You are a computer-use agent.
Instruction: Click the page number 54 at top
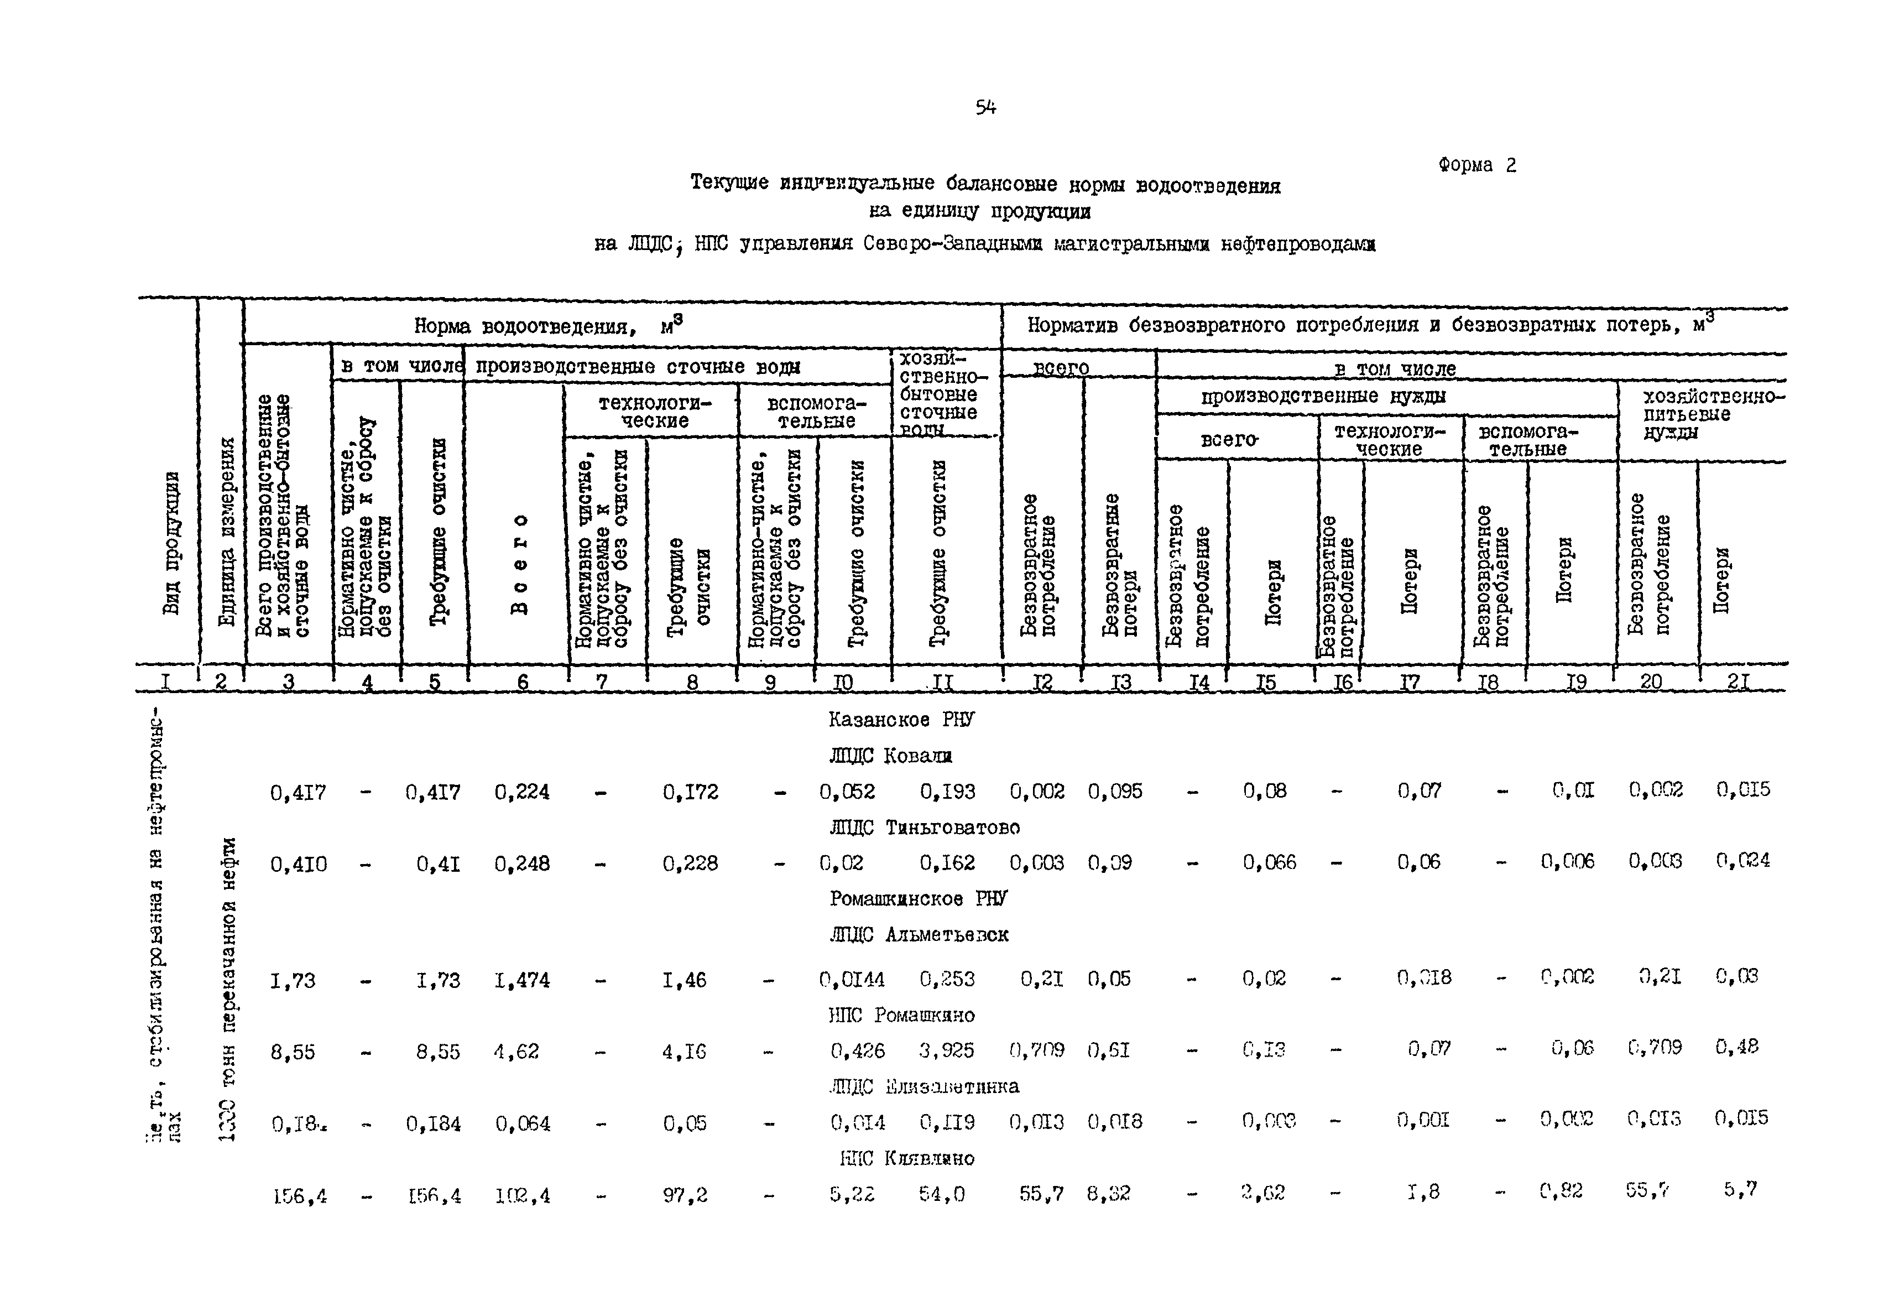pyautogui.click(x=985, y=107)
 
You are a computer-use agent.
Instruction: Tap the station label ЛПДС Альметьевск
pyautogui.click(x=918, y=934)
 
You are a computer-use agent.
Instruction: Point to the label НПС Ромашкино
pyautogui.click(x=901, y=1016)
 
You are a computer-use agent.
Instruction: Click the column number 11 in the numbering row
pyautogui.click(x=942, y=681)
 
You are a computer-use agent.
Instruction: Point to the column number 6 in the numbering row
pyautogui.click(x=522, y=681)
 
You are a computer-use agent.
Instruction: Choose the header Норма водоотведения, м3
pyautogui.click(x=547, y=326)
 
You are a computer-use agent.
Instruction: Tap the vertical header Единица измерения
pyautogui.click(x=227, y=532)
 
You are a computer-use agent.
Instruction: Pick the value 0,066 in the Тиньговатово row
pyautogui.click(x=1269, y=862)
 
